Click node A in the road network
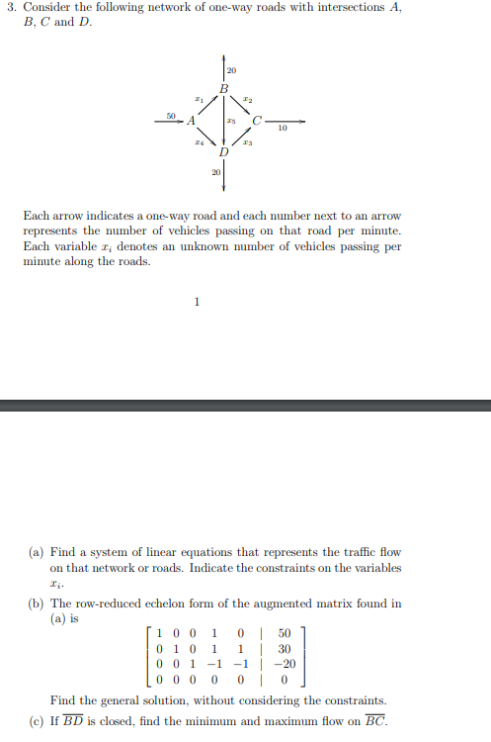point(191,121)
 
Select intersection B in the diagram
point(224,90)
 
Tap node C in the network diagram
point(257,121)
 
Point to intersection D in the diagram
point(224,153)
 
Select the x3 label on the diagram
point(249,144)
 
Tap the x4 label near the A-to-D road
point(199,144)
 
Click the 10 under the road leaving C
point(283,129)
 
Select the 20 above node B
point(231,70)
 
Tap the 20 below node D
point(216,173)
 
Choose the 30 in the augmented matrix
point(284,648)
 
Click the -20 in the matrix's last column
point(283,665)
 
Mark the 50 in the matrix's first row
point(284,631)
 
